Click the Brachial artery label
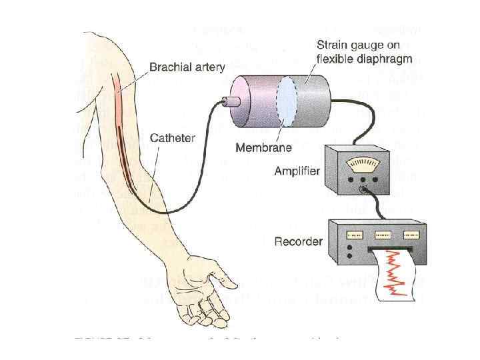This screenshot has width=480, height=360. (187, 67)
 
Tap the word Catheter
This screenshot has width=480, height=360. (173, 139)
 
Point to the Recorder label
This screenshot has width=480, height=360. (299, 241)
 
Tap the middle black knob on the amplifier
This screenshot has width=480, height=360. (361, 179)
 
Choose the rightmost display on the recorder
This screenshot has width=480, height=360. (414, 234)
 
